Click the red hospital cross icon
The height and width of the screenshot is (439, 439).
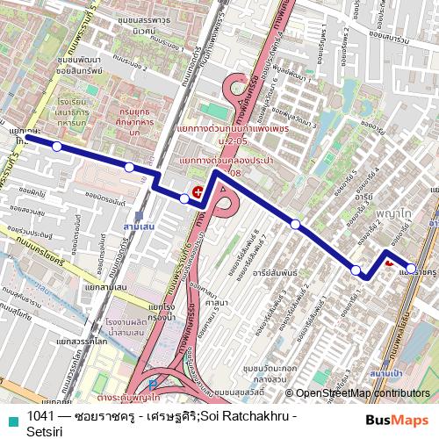pyautogui.click(x=198, y=192)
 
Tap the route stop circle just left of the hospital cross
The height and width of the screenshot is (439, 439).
pyautogui.click(x=184, y=198)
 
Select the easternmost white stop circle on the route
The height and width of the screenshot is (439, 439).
pyautogui.click(x=411, y=269)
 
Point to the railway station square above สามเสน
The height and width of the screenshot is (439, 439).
pyautogui.click(x=139, y=214)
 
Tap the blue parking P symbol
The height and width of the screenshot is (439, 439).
pyautogui.click(x=155, y=384)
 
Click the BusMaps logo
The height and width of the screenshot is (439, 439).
pyautogui.click(x=397, y=420)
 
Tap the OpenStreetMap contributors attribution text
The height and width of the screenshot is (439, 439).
pyautogui.click(x=363, y=393)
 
